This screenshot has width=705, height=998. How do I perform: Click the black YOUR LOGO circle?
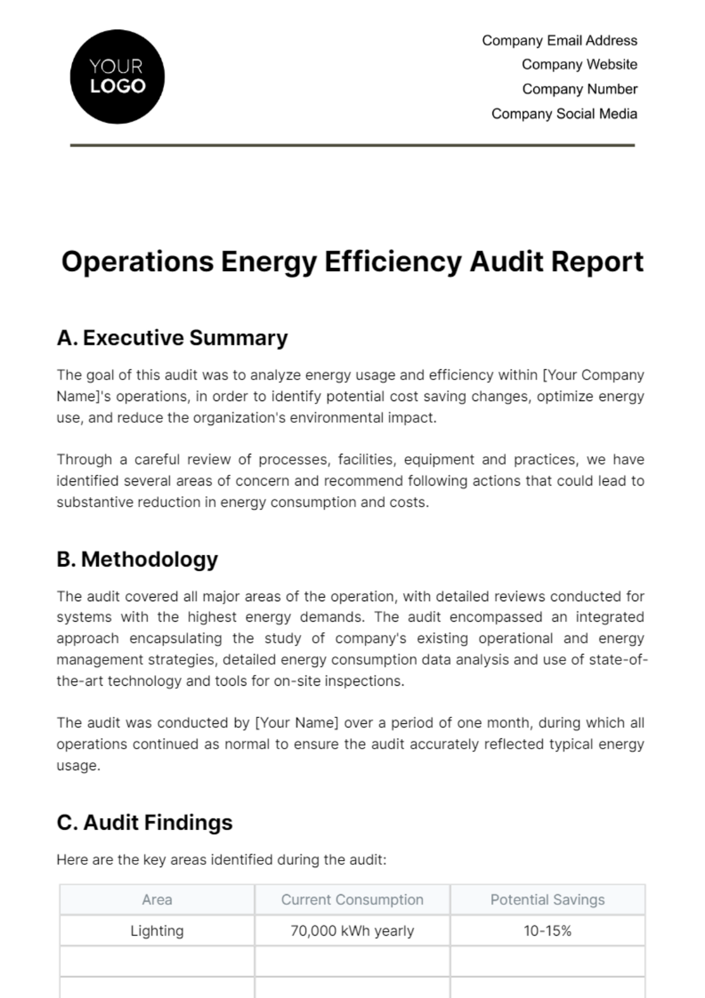coord(117,77)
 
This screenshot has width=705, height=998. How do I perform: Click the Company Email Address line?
coord(559,41)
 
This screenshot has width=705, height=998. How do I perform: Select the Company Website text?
coord(579,65)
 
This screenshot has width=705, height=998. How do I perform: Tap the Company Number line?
coord(579,89)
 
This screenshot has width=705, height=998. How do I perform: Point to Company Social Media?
coord(564,114)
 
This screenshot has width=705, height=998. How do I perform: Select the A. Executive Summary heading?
coord(172,338)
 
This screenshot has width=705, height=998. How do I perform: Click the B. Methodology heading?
coord(137,559)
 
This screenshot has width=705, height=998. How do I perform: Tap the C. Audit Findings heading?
coord(145,822)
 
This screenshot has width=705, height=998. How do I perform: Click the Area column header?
coord(157,900)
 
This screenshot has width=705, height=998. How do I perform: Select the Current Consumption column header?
coord(352,900)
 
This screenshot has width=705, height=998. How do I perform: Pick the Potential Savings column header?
coord(547,900)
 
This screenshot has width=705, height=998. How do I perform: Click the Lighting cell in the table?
coord(157,931)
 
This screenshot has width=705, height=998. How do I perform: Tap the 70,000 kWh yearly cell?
coord(352,931)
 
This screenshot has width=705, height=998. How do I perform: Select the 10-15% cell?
coord(547,931)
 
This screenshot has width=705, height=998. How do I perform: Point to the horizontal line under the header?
coord(352,145)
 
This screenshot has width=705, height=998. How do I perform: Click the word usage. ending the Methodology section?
coord(78,766)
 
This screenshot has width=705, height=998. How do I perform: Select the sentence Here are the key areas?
coord(221,860)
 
